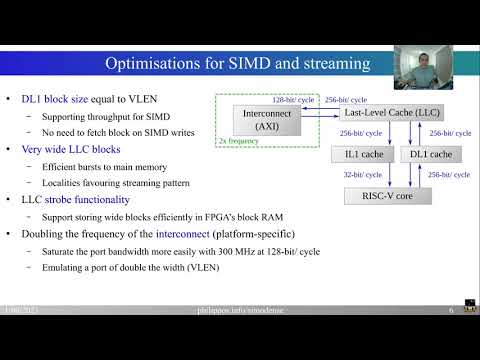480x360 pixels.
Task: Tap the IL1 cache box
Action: point(356,154)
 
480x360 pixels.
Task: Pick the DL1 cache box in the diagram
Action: point(431,154)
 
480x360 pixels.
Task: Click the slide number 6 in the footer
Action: point(452,311)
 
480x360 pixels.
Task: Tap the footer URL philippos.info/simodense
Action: point(238,311)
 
